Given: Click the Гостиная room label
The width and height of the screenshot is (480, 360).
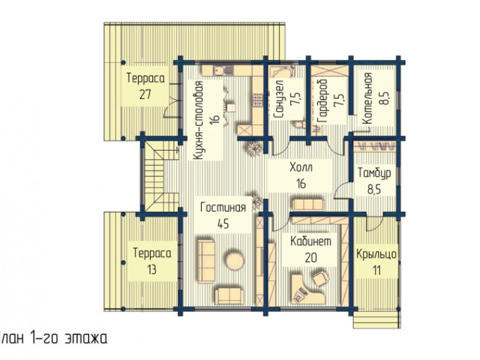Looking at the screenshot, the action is click(223, 208).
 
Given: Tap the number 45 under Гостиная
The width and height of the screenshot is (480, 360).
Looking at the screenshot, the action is click(223, 224).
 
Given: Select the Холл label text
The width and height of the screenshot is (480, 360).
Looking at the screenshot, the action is click(301, 168).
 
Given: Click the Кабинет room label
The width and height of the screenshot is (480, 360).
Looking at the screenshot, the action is click(310, 241).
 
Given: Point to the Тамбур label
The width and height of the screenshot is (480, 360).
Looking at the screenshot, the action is click(374, 173).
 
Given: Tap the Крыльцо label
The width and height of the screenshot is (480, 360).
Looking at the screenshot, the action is click(376, 254).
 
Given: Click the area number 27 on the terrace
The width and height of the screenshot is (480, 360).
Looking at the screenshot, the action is click(145, 94).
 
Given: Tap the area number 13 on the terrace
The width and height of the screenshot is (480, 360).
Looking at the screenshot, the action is click(151, 270).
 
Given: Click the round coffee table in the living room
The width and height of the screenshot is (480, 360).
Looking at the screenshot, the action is click(235, 261).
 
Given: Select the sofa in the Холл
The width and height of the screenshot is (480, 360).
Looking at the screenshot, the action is click(308, 205).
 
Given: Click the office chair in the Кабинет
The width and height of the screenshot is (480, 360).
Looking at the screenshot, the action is click(320, 278).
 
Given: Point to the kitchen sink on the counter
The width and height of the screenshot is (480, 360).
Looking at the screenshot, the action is click(218, 70).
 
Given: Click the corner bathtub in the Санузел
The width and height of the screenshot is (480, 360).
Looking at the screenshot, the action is click(282, 71).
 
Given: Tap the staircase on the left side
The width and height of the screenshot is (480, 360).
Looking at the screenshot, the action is click(161, 176).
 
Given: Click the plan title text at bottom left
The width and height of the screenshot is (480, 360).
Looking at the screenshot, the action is click(53, 338).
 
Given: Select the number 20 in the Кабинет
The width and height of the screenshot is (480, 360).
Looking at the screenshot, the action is click(311, 258).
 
